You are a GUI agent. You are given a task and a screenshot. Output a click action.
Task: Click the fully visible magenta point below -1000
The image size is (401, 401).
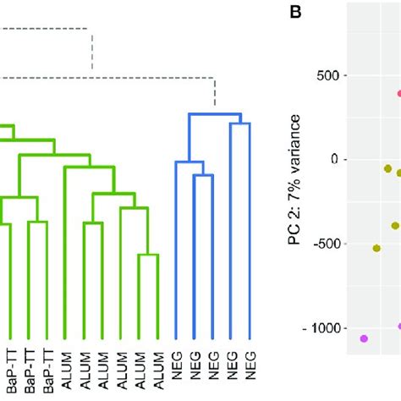click(x=364, y=338)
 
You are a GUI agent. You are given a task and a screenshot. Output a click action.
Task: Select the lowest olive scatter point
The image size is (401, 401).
click(x=376, y=248)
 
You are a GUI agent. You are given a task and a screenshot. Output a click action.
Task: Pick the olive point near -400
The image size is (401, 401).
click(x=395, y=225)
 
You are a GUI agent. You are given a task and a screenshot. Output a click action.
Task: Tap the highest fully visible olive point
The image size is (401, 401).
click(x=388, y=169)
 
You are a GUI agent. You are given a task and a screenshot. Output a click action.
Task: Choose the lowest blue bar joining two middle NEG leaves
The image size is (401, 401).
click(x=203, y=176)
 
